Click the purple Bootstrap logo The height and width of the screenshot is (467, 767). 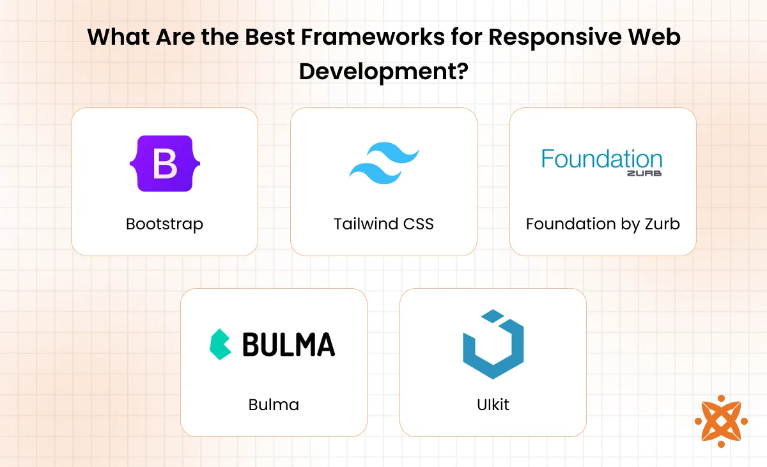165,164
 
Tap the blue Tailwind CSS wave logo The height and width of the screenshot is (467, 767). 384,163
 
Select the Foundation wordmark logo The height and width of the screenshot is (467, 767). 601,162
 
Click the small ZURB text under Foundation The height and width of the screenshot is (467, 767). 644,174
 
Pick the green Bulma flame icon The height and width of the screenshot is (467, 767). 220,344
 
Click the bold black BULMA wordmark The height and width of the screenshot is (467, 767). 289,344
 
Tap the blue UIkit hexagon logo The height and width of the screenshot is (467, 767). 493,344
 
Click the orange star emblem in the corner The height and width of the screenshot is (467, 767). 721,421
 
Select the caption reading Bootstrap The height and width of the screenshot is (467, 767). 164,224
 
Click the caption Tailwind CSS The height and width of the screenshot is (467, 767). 383,224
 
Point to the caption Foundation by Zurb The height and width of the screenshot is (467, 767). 603,224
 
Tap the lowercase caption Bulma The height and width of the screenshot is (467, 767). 274,405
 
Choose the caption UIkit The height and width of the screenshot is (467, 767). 493,405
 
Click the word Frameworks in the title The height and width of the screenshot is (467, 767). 373,36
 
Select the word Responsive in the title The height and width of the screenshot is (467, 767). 555,38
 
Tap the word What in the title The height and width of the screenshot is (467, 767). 118,36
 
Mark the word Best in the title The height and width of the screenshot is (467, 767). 270,36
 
